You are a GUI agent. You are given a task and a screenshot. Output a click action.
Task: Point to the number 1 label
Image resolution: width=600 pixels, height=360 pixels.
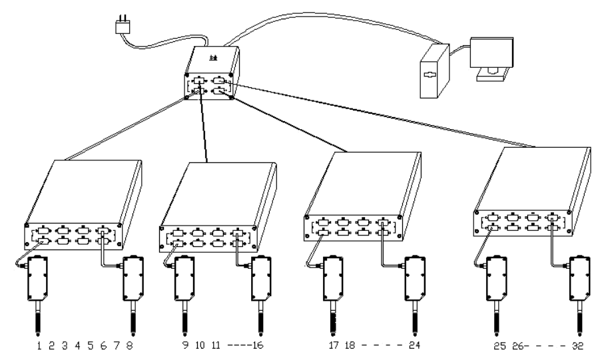[x=39, y=346]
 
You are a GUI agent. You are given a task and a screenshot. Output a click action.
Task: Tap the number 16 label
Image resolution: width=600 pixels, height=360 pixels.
[x=257, y=346]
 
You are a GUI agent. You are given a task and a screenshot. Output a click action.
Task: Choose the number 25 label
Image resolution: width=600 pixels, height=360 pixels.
[x=498, y=346]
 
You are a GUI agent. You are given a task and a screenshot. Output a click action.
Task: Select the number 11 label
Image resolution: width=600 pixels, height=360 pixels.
[x=216, y=346]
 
